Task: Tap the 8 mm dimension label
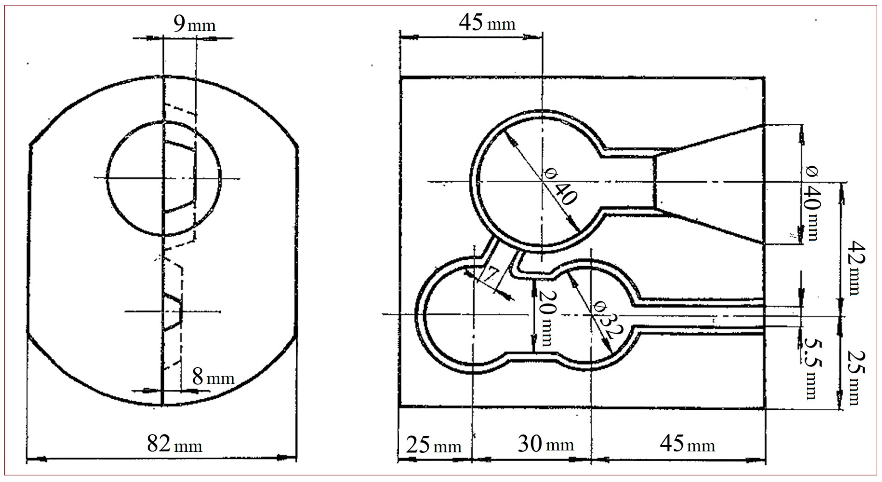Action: pos(213,377)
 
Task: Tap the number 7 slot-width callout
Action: pos(492,274)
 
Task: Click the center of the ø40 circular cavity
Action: pos(542,181)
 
